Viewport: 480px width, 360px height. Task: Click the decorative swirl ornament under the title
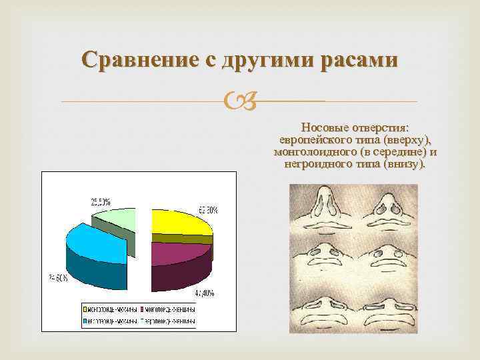(x=239, y=102)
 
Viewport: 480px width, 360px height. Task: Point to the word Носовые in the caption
(x=324, y=127)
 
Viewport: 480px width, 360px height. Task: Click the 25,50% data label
(x=102, y=201)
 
